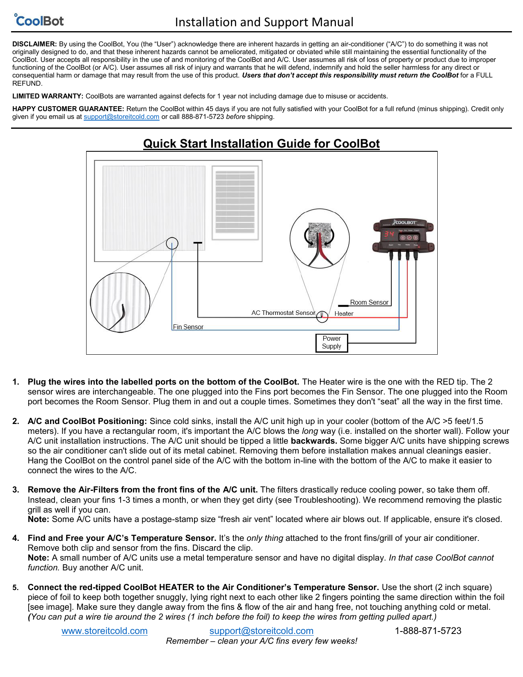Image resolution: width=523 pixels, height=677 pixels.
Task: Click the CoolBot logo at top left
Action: [39, 21]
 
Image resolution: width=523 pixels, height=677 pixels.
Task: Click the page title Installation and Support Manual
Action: [264, 22]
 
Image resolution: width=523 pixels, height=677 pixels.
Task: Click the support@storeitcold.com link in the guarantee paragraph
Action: [121, 117]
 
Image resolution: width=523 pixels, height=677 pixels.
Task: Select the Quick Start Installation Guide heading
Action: [261, 144]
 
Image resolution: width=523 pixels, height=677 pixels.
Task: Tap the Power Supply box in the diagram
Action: [331, 343]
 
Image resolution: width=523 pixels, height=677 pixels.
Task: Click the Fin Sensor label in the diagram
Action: [188, 327]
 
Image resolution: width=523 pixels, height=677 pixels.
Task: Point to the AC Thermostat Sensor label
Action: [283, 313]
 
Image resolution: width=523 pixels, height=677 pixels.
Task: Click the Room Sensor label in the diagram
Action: [369, 302]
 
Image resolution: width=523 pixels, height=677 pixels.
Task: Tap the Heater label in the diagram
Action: [344, 314]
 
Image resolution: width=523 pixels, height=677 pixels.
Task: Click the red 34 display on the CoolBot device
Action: [389, 235]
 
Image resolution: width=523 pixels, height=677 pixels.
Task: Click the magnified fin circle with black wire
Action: [120, 303]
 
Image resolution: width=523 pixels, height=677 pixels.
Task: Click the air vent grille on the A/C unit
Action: [235, 203]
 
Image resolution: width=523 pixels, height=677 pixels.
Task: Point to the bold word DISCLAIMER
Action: [34, 44]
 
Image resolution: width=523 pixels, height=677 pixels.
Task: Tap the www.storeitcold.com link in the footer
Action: [105, 631]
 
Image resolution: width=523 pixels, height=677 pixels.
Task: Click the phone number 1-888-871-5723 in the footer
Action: [428, 631]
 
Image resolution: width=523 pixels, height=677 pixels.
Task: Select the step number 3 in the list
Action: [16, 490]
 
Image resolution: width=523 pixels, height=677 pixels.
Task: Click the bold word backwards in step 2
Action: [314, 441]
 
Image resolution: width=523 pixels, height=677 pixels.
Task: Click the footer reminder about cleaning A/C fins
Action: [261, 641]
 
